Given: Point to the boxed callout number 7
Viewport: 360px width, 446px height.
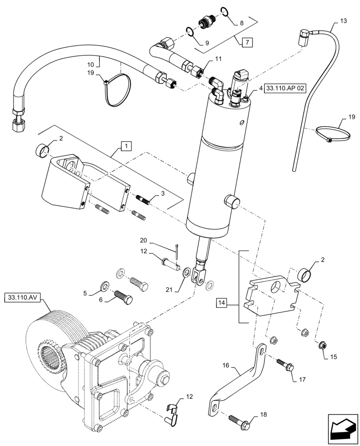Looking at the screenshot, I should [247, 43].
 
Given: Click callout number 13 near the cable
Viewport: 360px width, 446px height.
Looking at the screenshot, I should [343, 21].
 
